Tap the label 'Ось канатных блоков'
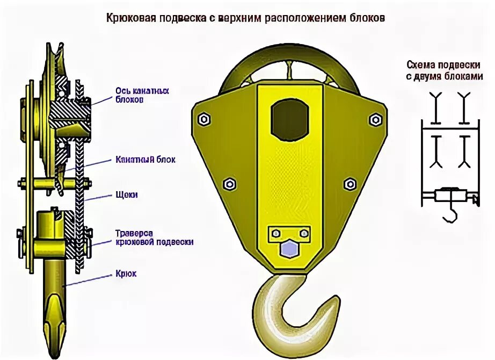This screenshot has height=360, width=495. [142, 95]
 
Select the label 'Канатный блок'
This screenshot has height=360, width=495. [145, 160]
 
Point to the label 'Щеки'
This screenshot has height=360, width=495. [127, 195]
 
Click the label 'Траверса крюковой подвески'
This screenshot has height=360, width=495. [154, 237]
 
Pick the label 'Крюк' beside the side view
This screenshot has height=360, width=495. [126, 273]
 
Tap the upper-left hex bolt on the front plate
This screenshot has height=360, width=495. [203, 119]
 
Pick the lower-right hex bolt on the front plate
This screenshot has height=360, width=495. [350, 184]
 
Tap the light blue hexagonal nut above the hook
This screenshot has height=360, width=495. [289, 249]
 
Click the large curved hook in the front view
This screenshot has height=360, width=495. [293, 304]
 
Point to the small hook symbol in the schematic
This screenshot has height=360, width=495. [449, 214]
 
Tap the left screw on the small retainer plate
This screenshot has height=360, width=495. [275, 233]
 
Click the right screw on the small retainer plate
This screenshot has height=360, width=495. [304, 233]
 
